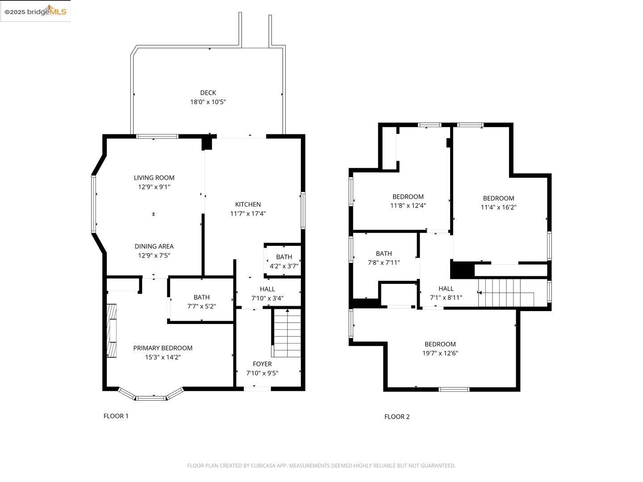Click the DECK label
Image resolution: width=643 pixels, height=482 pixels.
(208, 93)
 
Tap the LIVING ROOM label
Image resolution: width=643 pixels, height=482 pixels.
(154, 178)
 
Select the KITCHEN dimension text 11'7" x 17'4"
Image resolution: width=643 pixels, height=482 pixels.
(248, 214)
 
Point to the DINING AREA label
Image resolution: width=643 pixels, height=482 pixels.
(154, 246)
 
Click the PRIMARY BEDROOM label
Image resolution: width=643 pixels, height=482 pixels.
(163, 348)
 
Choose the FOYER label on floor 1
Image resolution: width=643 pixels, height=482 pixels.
(262, 364)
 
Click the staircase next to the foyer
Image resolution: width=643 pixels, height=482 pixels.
(287, 334)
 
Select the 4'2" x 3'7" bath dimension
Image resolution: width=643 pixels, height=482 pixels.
(284, 266)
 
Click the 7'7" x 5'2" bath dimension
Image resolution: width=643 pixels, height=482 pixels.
(201, 307)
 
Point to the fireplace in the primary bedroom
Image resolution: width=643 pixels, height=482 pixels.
(111, 330)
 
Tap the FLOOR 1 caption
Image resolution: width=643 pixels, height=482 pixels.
(116, 416)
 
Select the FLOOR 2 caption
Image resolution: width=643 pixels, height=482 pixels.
(397, 417)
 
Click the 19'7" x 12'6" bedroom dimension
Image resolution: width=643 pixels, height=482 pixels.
(440, 353)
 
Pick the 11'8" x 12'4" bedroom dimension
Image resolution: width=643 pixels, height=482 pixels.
(408, 206)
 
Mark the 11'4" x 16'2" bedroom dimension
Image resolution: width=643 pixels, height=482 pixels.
(498, 208)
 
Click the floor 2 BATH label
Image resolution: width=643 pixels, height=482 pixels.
(384, 253)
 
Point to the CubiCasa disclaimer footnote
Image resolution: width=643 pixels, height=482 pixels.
(321, 465)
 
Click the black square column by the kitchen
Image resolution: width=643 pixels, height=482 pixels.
(207, 143)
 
